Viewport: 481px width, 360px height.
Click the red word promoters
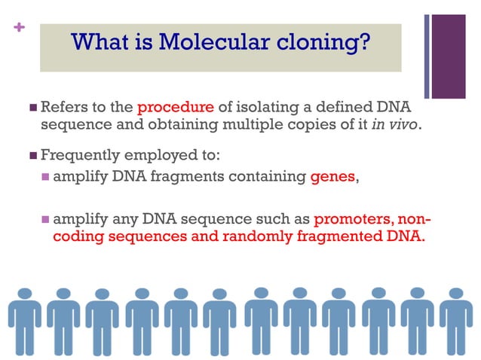tap(357, 220)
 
